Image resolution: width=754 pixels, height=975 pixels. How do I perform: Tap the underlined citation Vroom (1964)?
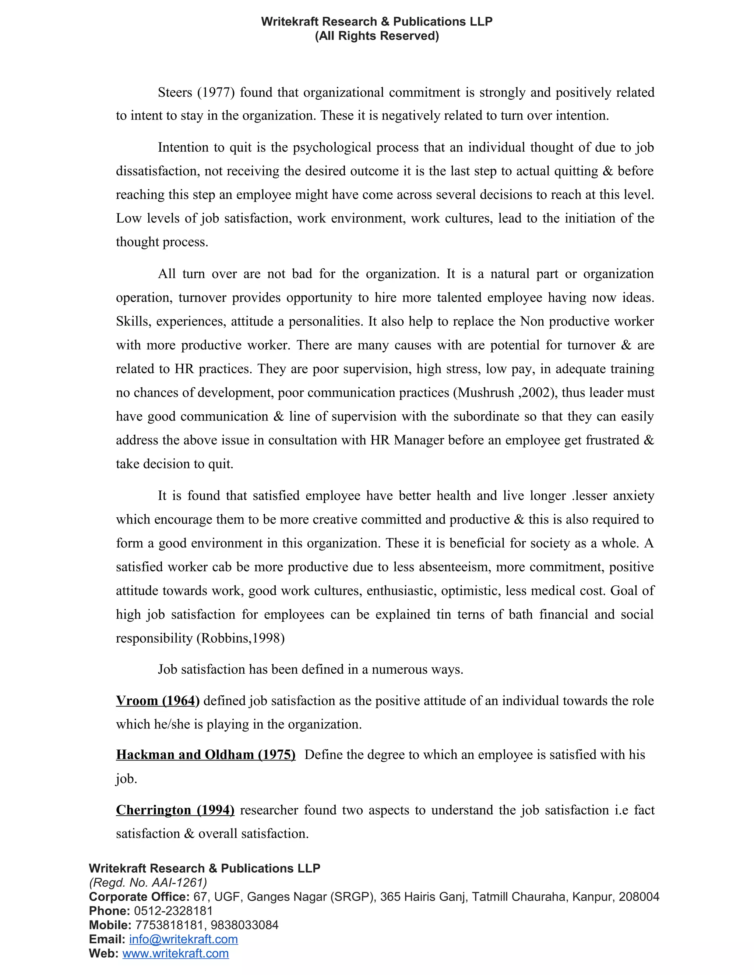(158, 701)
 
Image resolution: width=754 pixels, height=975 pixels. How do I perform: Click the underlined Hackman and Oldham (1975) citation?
(205, 755)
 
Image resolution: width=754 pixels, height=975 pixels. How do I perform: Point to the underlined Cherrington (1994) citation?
(175, 810)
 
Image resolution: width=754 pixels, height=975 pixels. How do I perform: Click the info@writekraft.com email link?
(183, 939)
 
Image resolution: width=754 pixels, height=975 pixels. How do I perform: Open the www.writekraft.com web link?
(176, 953)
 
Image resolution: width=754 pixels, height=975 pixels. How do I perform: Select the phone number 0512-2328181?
(173, 911)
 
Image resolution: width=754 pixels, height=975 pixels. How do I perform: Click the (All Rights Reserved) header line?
(377, 36)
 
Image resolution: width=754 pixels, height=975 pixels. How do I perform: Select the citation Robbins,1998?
(240, 638)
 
